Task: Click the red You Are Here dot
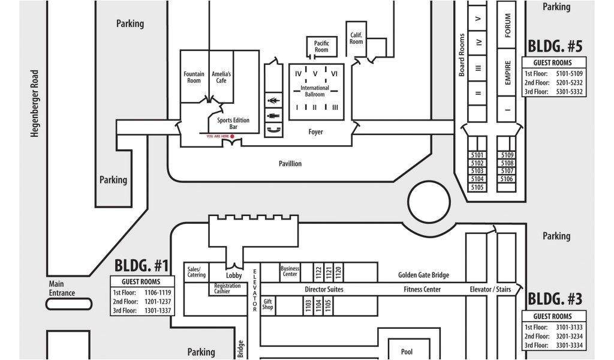coord(232,136)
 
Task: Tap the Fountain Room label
coord(194,77)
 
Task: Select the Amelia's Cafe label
coord(221,77)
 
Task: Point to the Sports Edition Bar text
coord(233,124)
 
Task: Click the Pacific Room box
coord(321,46)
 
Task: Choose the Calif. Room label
coord(356,38)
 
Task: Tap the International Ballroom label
coord(315,91)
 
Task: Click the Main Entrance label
coord(62,289)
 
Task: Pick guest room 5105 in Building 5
coord(477,187)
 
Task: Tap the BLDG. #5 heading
coord(554,46)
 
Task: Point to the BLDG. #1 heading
coord(142,265)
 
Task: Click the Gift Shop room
coord(267,304)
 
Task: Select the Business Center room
coord(290,271)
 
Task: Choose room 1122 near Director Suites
coord(318,272)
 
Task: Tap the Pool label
coord(407,352)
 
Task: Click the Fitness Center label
coord(422,290)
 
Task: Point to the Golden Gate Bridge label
coord(423,275)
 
